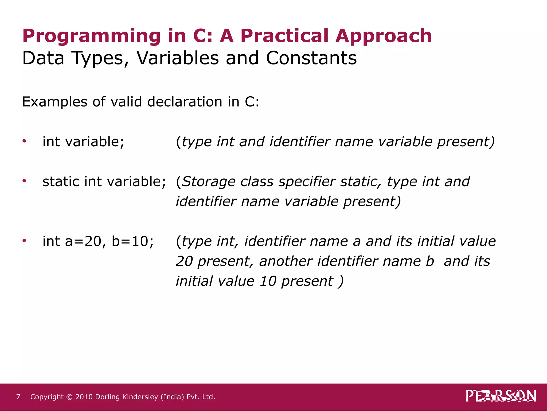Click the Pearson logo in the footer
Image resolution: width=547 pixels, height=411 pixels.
[501, 396]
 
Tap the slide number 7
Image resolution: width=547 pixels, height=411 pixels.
[18, 397]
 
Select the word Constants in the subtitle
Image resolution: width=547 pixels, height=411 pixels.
[311, 58]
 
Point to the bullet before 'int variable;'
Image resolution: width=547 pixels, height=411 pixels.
[24, 141]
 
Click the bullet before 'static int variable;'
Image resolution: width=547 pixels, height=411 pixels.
[24, 181]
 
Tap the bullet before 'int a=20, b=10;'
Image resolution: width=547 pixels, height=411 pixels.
[24, 241]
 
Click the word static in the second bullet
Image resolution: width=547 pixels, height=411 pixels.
[61, 181]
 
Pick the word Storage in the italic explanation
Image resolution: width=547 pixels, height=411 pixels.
[209, 182]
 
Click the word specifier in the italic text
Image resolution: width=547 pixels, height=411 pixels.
[307, 182]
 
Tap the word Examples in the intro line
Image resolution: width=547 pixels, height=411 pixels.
[55, 102]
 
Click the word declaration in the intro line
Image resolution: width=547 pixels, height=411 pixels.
[185, 102]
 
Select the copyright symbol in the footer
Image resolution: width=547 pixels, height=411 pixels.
[69, 397]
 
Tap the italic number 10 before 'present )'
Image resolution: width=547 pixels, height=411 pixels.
[268, 281]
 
